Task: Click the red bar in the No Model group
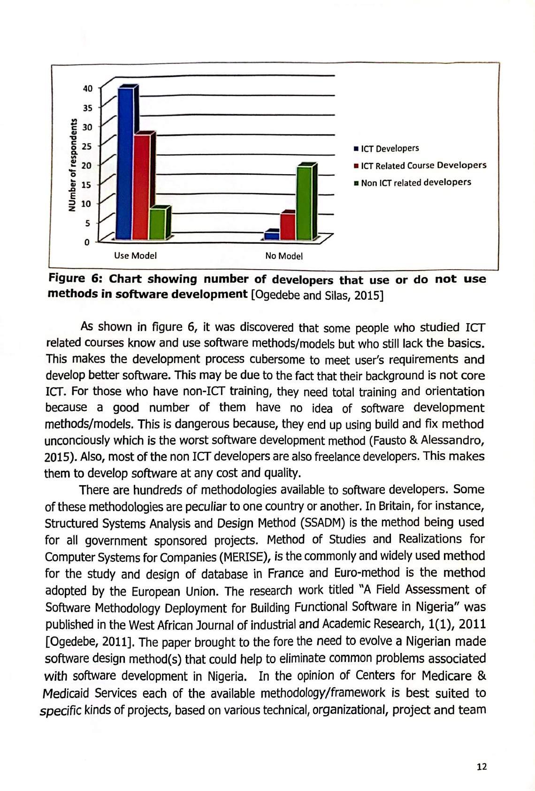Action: point(287,226)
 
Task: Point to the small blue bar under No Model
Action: point(271,235)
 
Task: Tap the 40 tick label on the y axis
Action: point(88,88)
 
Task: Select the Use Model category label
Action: point(135,256)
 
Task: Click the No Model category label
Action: point(284,256)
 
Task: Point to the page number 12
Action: point(481,767)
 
